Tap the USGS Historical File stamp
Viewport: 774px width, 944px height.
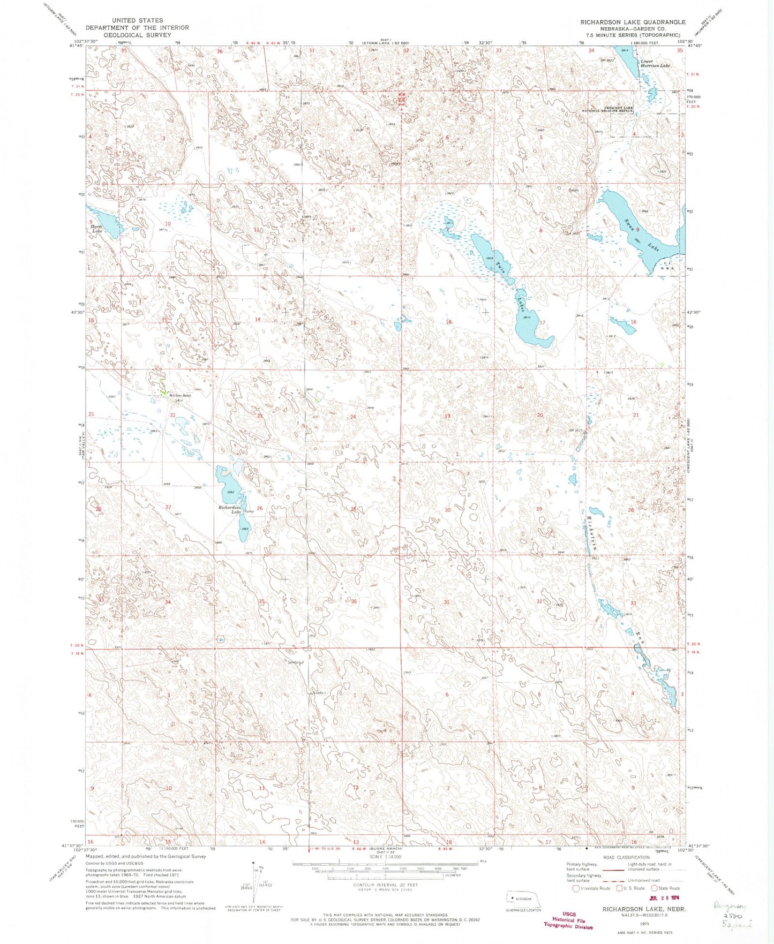[568, 920]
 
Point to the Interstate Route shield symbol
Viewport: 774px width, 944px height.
[576, 888]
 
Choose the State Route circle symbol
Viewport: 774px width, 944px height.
[654, 888]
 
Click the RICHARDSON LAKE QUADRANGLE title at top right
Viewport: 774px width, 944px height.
[633, 22]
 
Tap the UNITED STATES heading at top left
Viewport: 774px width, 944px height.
[137, 20]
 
